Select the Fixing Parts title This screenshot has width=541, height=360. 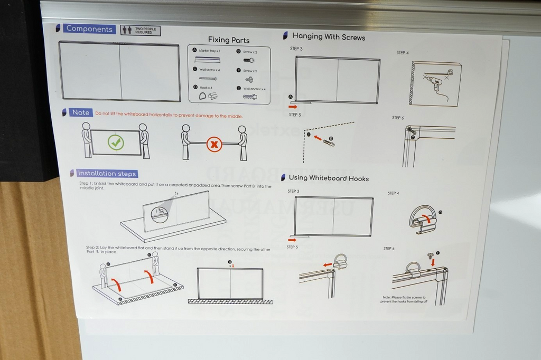tap(228, 40)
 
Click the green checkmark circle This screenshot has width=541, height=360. tap(116, 142)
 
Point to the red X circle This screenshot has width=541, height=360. tap(214, 144)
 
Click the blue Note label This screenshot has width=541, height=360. tap(80, 112)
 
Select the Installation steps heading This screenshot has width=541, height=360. tap(106, 173)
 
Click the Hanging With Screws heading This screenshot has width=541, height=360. tap(328, 37)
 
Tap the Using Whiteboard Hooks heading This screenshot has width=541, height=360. tap(328, 178)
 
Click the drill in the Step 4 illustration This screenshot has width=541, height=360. tap(435, 82)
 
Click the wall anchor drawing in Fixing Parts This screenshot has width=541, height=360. tap(250, 97)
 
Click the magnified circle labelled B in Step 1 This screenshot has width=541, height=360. tap(160, 213)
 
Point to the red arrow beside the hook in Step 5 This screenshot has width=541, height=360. tap(328, 264)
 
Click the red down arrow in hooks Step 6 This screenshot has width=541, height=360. tap(433, 262)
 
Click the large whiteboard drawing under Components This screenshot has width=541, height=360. tap(119, 71)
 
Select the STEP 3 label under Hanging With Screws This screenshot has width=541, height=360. tap(296, 49)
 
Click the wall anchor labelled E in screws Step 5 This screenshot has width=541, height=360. tap(329, 143)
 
